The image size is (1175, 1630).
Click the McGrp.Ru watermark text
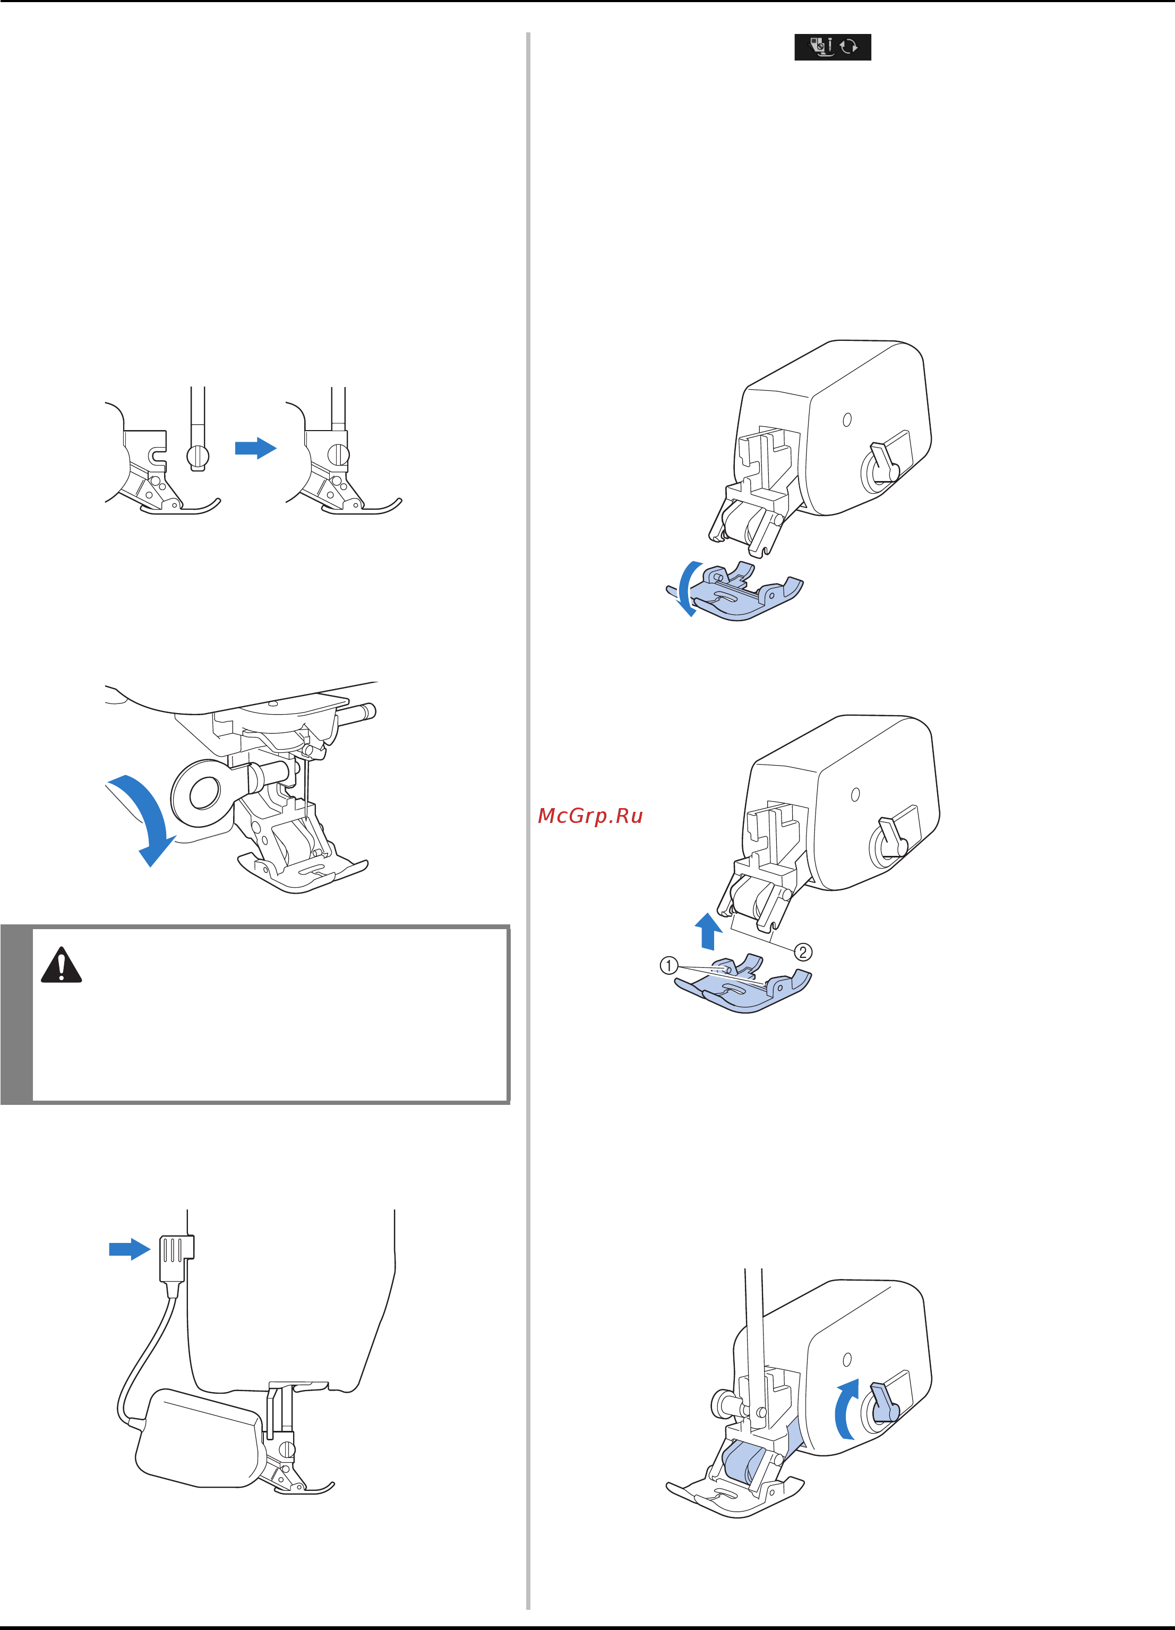(590, 816)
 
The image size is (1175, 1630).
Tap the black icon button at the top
(832, 47)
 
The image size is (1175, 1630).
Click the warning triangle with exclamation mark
(62, 965)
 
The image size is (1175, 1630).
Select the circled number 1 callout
(668, 965)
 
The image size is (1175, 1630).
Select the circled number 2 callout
(803, 953)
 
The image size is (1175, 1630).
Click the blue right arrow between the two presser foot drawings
(256, 448)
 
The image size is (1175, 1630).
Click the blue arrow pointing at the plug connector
(130, 1249)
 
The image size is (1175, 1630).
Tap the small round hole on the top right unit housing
(847, 419)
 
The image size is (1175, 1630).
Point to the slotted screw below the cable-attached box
(286, 1449)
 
